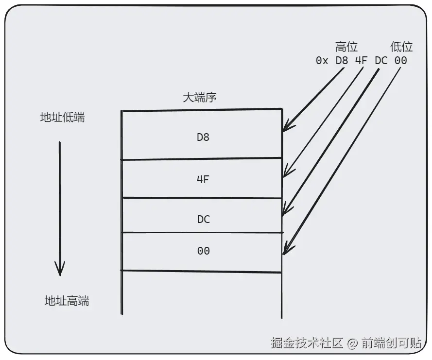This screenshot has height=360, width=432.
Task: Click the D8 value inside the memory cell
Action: point(203,137)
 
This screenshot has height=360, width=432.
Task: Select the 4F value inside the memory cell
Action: point(203,179)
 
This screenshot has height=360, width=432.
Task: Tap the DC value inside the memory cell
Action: point(203,219)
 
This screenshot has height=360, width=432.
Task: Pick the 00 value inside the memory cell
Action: point(203,251)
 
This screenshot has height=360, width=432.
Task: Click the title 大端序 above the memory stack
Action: point(199,97)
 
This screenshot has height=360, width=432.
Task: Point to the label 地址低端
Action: point(62,118)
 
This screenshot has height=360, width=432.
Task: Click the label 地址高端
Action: point(67,301)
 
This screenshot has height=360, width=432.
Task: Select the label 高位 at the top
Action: point(346,47)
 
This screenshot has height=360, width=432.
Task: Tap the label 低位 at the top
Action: point(401,47)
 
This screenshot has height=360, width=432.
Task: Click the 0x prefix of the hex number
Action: point(322,61)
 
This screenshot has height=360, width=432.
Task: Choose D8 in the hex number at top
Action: point(342,61)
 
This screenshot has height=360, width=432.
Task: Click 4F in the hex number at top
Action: point(361,61)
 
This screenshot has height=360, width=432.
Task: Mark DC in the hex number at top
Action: point(380,61)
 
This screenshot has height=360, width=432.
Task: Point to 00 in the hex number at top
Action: point(401,61)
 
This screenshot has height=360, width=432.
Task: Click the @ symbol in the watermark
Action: point(352,343)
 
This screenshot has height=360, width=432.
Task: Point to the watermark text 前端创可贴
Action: point(391,343)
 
